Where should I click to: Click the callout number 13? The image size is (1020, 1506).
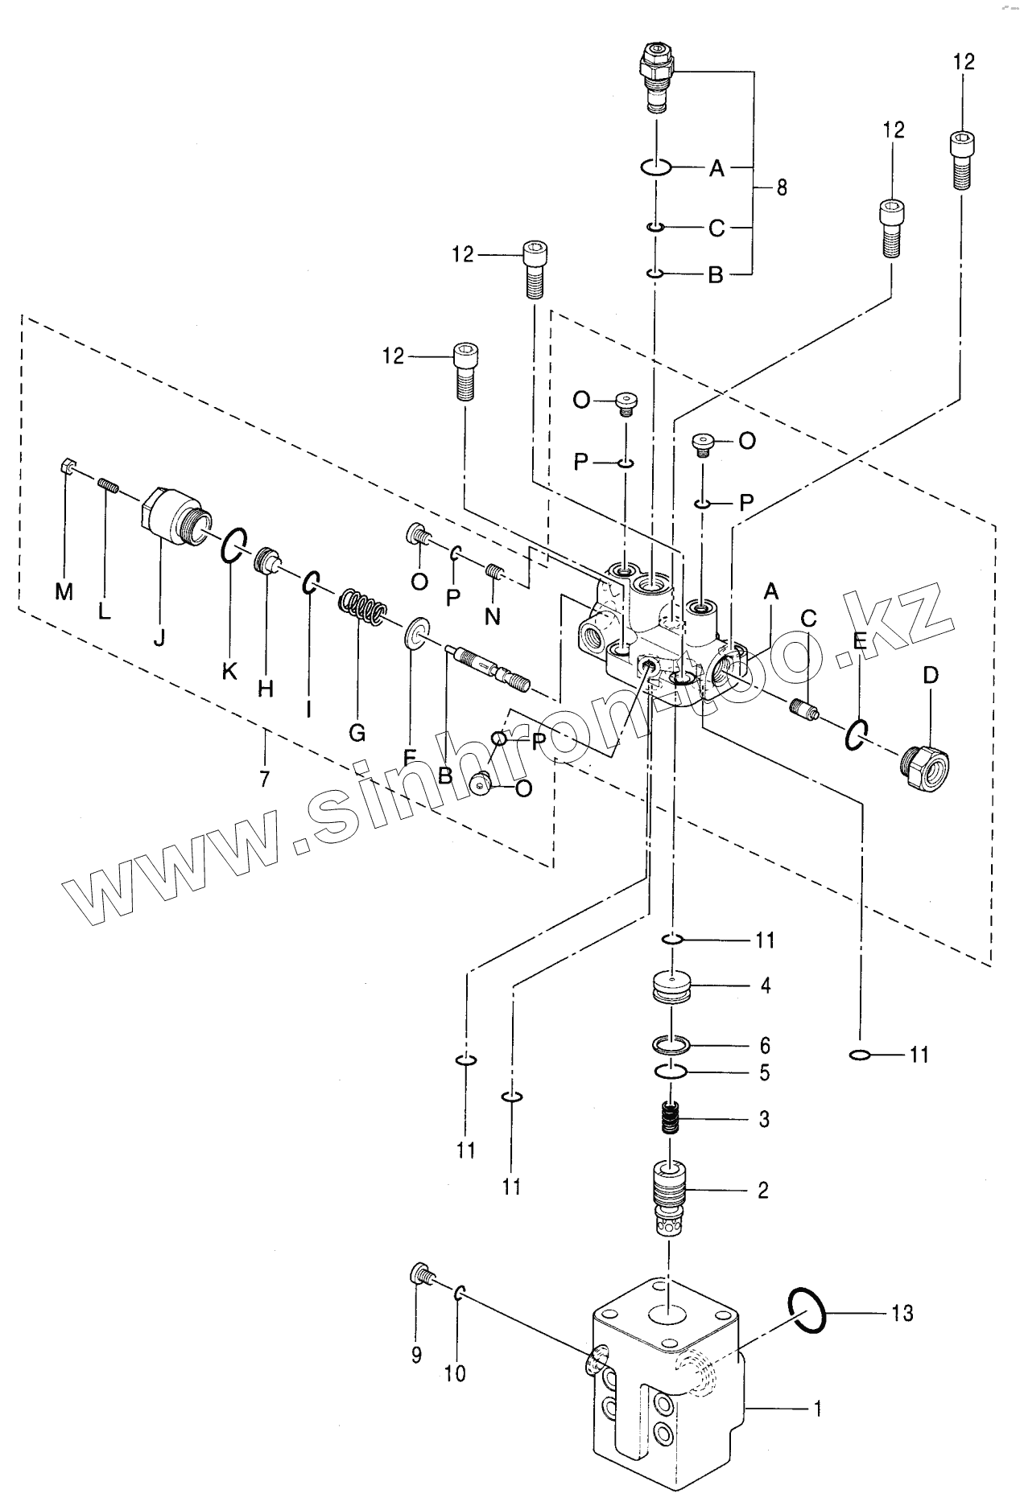point(902,1313)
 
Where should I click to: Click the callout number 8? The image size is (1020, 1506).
point(781,188)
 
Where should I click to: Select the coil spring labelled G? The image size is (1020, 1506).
point(359,608)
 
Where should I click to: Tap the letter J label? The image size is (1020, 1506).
point(159,639)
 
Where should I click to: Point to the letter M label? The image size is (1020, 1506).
point(64,592)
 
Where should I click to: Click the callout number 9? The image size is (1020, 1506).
point(416,1355)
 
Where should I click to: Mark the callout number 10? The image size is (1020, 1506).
point(455,1374)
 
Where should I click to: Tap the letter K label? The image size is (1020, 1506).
point(229,671)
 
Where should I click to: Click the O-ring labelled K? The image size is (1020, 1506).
point(233,548)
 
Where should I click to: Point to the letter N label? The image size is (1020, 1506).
point(493,617)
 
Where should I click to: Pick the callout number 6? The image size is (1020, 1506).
point(764,1045)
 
